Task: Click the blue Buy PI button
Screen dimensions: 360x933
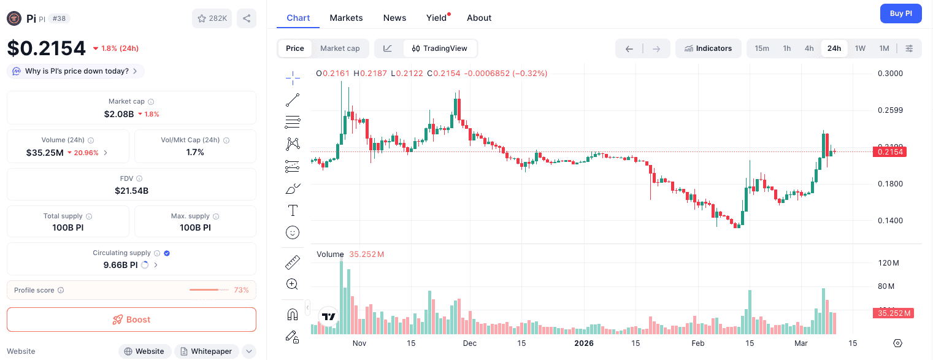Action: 900,13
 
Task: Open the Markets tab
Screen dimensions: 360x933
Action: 346,18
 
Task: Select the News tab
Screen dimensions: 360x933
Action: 394,18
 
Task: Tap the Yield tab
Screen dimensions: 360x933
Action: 437,18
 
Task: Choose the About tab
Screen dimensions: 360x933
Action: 479,18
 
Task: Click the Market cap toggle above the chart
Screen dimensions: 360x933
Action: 340,48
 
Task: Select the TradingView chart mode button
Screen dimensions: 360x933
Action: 440,48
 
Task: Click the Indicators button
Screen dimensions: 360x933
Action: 708,48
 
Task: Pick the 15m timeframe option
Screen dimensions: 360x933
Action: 762,48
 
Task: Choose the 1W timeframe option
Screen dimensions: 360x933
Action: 860,48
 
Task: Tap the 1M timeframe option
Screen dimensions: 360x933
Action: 884,48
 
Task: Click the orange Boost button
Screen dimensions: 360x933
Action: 131,320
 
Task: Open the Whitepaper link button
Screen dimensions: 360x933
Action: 206,351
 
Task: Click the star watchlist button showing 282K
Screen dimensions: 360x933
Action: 212,18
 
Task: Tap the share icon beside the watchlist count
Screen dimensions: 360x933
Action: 247,18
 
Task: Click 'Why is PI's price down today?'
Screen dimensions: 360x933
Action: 76,71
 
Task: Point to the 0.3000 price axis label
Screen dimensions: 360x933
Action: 890,74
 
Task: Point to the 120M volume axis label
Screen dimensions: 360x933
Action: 888,263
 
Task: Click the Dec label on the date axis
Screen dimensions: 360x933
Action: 469,343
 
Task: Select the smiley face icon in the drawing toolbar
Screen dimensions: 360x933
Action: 293,233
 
